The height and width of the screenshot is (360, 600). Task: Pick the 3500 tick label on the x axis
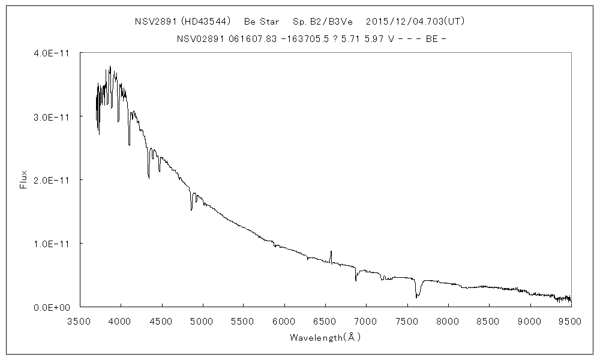(x=80, y=320)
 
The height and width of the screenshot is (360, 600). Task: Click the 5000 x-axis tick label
(x=203, y=320)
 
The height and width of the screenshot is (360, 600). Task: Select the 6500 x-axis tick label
(x=325, y=320)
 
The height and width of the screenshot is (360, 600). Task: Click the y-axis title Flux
(x=24, y=180)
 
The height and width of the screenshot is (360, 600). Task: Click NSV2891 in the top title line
(x=155, y=22)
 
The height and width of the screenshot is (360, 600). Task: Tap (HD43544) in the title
(x=206, y=22)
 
